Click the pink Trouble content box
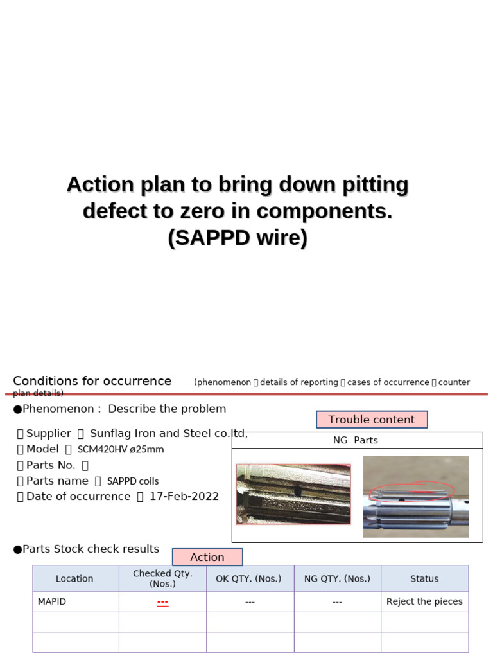[x=372, y=420]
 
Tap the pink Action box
[x=207, y=557]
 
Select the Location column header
[x=74, y=578]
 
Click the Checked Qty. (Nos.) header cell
[x=162, y=578]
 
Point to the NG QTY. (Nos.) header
[x=337, y=578]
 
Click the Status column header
[x=424, y=578]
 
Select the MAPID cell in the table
[x=52, y=601]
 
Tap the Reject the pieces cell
[x=424, y=601]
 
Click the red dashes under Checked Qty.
[x=162, y=602]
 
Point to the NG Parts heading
[x=355, y=440]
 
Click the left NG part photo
[x=293, y=493]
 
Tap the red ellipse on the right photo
[x=411, y=491]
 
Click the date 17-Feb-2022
[x=184, y=496]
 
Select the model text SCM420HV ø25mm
[x=121, y=449]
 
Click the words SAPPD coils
[x=133, y=481]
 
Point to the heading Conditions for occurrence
[x=92, y=380]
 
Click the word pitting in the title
[x=376, y=184]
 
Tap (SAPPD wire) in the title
[x=238, y=238]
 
